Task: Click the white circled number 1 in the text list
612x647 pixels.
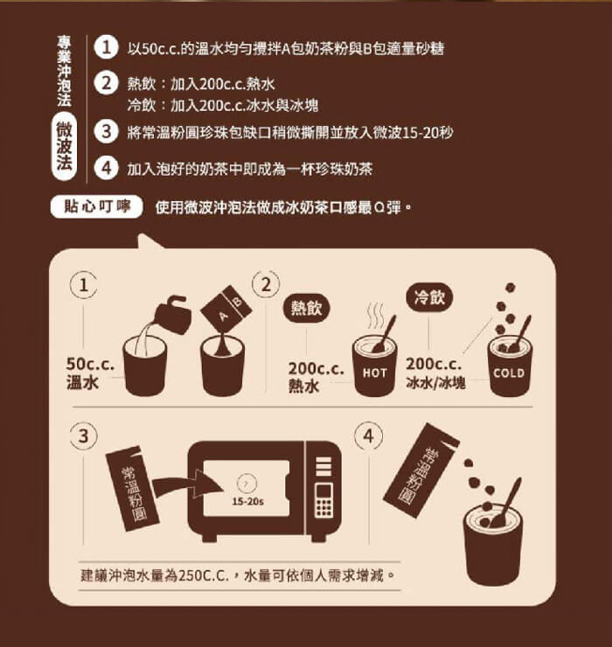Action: (x=106, y=48)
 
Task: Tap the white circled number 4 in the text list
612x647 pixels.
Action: (x=106, y=168)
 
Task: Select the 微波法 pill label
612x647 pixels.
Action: (x=65, y=147)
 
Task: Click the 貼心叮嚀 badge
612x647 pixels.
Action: (x=96, y=206)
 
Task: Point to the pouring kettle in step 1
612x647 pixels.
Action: (x=171, y=314)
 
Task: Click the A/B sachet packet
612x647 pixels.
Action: (x=226, y=308)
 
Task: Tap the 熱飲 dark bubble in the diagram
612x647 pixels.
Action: (x=306, y=308)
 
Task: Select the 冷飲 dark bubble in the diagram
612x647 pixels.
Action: (x=429, y=297)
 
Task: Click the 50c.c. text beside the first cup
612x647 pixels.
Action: (x=90, y=364)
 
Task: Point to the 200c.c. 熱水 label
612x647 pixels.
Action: (x=316, y=377)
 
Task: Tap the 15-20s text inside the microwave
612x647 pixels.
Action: (x=247, y=501)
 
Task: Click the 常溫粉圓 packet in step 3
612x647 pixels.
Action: (x=133, y=489)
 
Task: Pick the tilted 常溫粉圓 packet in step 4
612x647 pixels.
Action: (x=421, y=470)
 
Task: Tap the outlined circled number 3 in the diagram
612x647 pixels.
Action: (x=84, y=436)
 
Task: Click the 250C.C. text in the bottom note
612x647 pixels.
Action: (x=204, y=575)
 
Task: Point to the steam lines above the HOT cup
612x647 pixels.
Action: (x=375, y=316)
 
